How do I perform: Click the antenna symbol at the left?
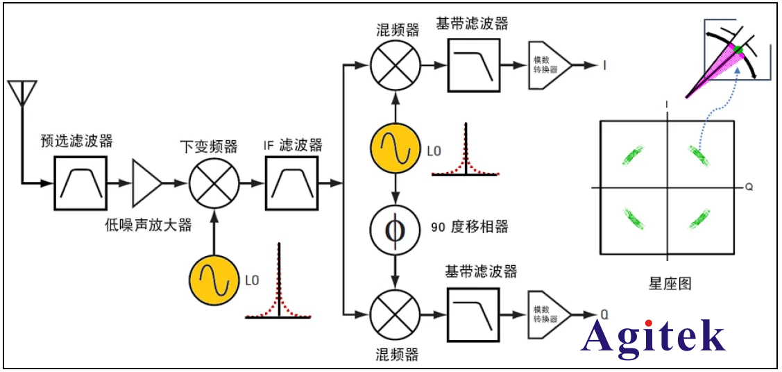tap(22, 94)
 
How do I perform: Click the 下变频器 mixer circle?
tap(214, 183)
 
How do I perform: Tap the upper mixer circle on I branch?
tap(396, 65)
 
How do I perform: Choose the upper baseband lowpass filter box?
tap(473, 65)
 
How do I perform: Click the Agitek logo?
tap(653, 337)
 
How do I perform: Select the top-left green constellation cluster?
tap(634, 155)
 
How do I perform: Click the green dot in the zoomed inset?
tap(738, 49)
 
